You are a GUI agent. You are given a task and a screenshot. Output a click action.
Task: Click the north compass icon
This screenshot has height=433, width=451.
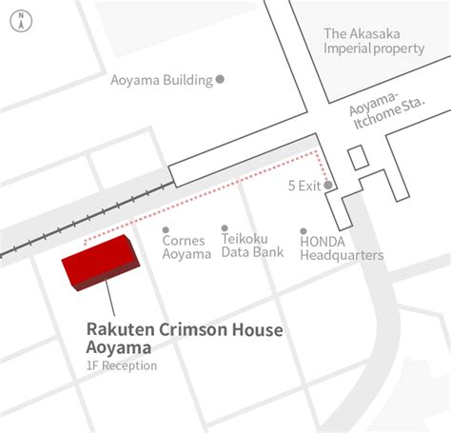(22, 22)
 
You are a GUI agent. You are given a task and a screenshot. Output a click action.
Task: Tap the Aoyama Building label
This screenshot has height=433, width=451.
(162, 80)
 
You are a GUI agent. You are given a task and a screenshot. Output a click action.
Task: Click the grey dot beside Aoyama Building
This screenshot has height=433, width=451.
(220, 80)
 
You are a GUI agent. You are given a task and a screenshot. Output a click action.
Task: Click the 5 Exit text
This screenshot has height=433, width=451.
(304, 186)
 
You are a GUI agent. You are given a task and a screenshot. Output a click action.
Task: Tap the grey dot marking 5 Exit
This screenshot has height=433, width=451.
(327, 186)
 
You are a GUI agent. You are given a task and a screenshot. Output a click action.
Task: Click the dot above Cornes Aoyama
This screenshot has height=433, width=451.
(166, 229)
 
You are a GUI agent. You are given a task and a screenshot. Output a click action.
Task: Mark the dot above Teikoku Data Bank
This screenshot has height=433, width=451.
(225, 228)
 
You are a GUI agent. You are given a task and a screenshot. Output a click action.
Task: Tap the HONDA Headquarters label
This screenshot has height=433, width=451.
(341, 248)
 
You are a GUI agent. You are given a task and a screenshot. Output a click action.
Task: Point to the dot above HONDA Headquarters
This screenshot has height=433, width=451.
(304, 230)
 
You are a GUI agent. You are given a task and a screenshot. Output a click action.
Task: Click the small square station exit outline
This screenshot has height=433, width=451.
(357, 158)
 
